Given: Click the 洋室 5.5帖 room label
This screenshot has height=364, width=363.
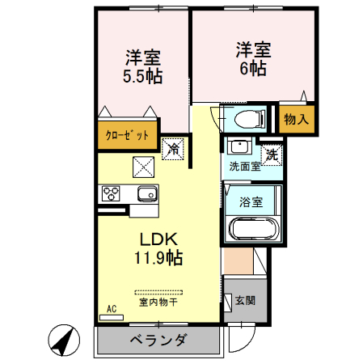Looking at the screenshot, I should pos(143,67).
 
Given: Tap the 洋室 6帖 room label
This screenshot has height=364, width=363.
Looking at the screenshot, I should pos(252,57).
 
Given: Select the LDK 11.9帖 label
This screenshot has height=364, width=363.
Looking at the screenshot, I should pos(158,248).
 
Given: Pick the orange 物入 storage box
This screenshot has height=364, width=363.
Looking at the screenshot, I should pos(296,118).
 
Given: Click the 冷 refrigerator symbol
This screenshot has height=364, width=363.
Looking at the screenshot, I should pos(172,149).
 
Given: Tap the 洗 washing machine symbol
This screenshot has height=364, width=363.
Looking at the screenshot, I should pos(272,153).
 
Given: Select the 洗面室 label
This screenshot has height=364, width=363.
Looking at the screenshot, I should pos(244,167).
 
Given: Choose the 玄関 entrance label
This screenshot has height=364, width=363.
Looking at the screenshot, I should pos(245,301).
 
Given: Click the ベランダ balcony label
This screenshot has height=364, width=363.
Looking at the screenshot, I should pos(158,340).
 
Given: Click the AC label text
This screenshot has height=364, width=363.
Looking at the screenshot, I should pos(112,308).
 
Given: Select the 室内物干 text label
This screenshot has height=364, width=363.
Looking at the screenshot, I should pos(158,303).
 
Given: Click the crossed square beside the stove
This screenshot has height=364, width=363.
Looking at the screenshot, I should pos(143,165).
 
